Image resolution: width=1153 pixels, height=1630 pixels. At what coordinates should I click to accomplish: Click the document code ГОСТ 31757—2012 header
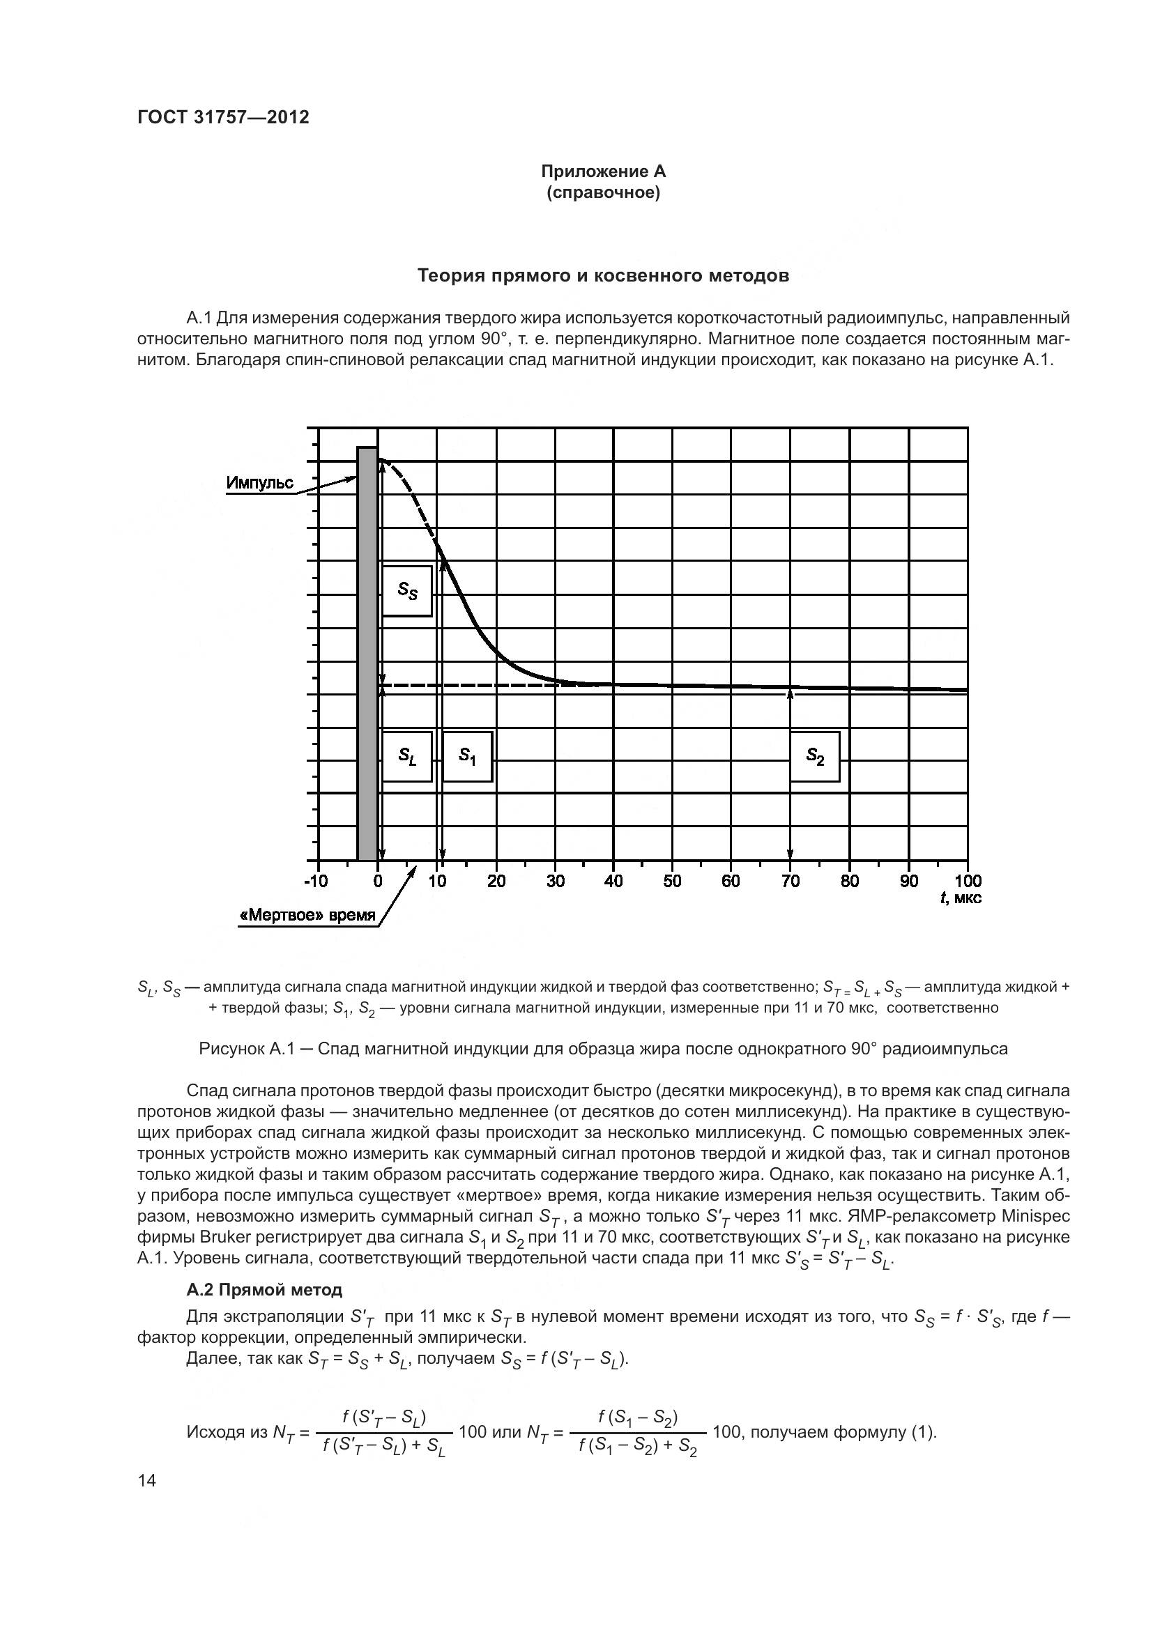(223, 117)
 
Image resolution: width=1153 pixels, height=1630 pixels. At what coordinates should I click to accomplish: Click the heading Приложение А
(603, 171)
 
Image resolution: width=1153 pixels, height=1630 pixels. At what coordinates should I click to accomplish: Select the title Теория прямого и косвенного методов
(603, 275)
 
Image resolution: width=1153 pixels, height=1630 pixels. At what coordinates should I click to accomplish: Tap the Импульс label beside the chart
(259, 484)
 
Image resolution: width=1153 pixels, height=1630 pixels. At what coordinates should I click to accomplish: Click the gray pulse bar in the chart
(367, 653)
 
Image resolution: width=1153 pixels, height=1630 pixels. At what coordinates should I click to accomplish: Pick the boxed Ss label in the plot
(407, 591)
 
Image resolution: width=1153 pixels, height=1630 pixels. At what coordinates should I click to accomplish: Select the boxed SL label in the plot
(407, 756)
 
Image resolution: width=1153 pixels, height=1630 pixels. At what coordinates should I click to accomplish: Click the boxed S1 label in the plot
(467, 756)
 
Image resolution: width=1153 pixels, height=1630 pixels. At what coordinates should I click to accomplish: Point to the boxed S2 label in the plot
(814, 756)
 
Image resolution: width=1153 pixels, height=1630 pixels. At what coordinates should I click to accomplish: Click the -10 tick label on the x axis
(315, 882)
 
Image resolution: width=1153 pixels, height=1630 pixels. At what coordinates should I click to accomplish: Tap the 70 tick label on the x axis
(791, 882)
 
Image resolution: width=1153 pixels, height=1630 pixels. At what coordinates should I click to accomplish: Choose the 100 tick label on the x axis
(968, 882)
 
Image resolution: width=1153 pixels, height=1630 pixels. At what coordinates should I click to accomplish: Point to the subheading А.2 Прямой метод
(264, 1290)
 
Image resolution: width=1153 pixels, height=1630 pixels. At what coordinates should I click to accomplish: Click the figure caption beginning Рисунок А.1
(603, 1049)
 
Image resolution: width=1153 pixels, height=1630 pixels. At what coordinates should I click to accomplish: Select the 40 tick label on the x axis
(613, 882)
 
